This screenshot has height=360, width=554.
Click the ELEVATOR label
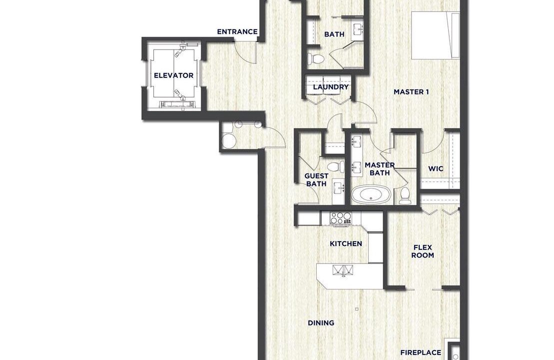pos(173,75)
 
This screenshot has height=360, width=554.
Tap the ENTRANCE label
pos(237,32)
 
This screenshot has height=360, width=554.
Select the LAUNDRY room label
pos(331,87)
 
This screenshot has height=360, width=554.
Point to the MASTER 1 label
pos(411,92)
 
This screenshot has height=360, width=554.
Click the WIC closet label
pos(436,168)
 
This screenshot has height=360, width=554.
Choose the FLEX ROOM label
pos(423,251)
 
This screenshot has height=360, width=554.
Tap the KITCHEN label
pos(346,243)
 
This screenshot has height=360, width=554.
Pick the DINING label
pos(321,323)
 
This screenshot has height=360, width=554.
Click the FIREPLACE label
pos(421,352)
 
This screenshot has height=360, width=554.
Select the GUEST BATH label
pos(316,179)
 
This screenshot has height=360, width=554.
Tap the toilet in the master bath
pos(405,196)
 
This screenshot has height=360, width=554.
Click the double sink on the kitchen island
pos(343,270)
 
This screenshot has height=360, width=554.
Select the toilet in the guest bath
pos(335,166)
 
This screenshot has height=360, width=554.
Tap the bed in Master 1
pos(436,35)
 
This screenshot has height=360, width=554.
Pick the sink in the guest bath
pos(339,188)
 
